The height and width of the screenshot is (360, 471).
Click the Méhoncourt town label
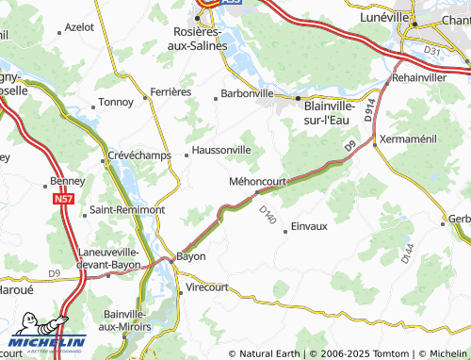[x=257, y=180]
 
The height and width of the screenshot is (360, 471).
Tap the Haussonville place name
[x=220, y=149]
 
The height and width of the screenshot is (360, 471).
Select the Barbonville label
[x=247, y=93]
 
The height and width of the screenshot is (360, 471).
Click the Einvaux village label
[x=309, y=226]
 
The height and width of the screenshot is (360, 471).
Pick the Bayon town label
[x=191, y=255]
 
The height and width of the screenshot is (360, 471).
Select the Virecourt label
[x=209, y=286]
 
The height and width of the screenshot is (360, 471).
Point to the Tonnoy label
[x=117, y=102]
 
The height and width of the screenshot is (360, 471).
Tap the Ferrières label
[x=171, y=91]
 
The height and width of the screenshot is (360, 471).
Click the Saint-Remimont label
[x=126, y=209]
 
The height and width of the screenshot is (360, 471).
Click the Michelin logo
[x=47, y=338]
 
